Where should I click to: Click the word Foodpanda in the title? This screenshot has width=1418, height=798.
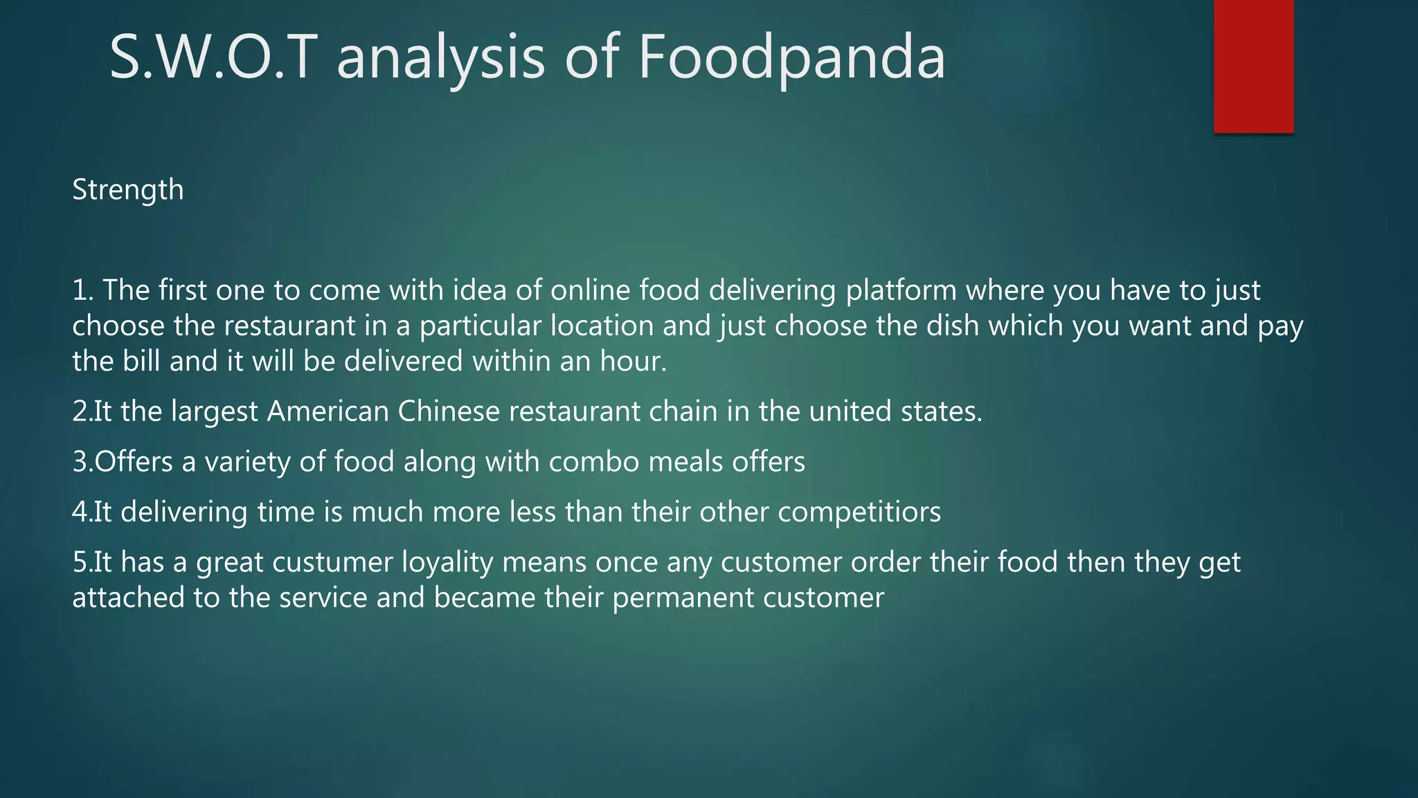[791, 57]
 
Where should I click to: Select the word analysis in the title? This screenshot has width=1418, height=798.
[440, 57]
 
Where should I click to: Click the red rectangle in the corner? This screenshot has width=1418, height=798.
[1253, 66]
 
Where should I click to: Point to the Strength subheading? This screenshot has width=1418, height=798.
[128, 190]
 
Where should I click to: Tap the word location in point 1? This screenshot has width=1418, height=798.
[602, 326]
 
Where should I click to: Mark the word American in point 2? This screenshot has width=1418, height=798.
[327, 411]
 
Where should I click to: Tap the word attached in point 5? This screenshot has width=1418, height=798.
[128, 598]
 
